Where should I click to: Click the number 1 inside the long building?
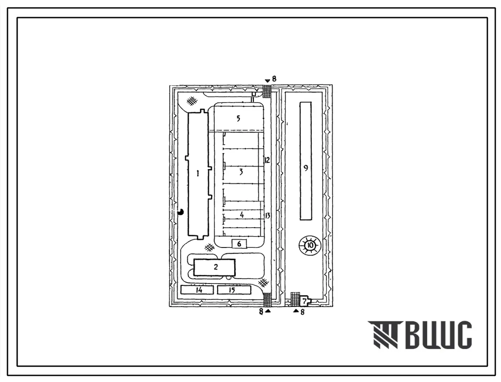click(x=198, y=174)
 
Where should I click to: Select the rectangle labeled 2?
click(x=215, y=267)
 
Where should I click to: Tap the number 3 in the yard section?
click(x=241, y=172)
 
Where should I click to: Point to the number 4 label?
click(x=242, y=215)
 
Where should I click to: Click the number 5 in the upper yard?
click(x=238, y=119)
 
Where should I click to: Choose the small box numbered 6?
click(x=239, y=244)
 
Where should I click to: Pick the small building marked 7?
click(x=305, y=301)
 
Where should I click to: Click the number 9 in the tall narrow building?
click(x=306, y=168)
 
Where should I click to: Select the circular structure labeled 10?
click(x=309, y=245)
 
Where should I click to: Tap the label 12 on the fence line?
click(x=267, y=160)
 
